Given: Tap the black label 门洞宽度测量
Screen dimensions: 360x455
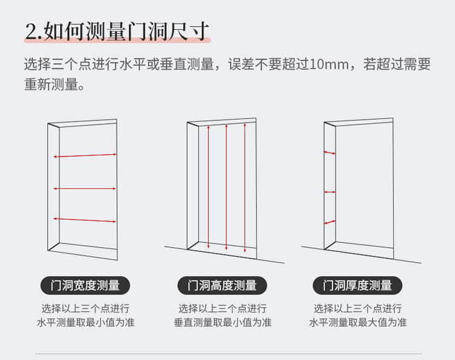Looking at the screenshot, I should (x=86, y=285).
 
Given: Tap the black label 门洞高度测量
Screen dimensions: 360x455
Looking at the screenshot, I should (x=222, y=285).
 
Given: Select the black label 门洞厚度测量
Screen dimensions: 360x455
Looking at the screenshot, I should (x=357, y=285).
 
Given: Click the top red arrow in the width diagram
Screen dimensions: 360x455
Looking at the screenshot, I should (x=85, y=155).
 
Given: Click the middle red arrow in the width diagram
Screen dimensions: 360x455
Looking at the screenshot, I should (x=85, y=188).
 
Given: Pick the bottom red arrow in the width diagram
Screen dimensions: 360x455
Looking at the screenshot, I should (x=85, y=219).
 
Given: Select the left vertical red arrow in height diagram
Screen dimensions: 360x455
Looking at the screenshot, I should (x=208, y=186).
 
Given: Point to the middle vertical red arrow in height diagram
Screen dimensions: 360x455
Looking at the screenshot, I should (x=226, y=187).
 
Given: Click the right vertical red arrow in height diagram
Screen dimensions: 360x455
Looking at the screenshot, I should (x=245, y=188).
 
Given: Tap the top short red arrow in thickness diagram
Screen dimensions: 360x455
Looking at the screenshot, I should (x=329, y=153).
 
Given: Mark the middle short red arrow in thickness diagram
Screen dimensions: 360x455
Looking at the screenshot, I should (x=329, y=192).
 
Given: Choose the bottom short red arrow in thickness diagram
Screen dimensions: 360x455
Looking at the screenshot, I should (x=329, y=222).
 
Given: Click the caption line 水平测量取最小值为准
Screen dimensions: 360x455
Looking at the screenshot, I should (x=86, y=322).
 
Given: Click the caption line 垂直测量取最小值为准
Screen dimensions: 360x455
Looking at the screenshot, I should (x=222, y=322).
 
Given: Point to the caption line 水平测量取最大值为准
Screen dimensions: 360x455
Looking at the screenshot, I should (x=357, y=322).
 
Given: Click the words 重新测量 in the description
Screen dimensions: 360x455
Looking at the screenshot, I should (x=51, y=85).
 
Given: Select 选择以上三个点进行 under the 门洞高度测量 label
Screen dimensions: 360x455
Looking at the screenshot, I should (x=222, y=308).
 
